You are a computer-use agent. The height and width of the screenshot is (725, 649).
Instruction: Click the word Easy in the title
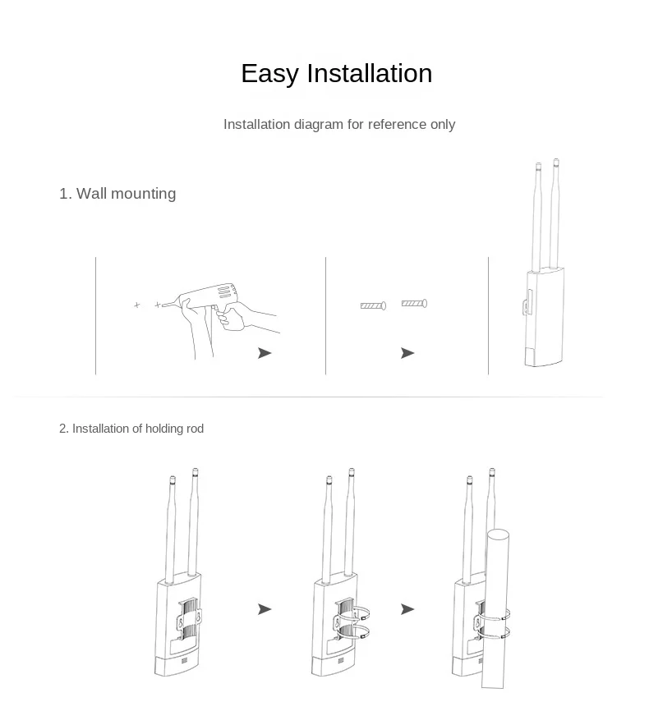click(x=270, y=74)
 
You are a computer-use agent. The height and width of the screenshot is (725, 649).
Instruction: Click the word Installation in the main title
click(x=370, y=74)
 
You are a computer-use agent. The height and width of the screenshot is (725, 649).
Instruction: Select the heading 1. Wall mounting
click(x=117, y=194)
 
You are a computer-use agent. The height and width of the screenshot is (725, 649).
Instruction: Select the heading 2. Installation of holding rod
click(x=131, y=429)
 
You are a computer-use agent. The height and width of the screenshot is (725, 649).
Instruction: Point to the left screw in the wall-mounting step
click(x=373, y=306)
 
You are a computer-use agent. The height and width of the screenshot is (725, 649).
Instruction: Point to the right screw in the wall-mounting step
click(x=414, y=304)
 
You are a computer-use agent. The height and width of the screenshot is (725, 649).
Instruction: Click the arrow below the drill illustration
click(x=265, y=353)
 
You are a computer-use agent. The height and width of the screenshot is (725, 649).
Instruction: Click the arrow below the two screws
click(x=407, y=353)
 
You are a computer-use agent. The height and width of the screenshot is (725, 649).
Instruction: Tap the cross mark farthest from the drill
click(x=137, y=305)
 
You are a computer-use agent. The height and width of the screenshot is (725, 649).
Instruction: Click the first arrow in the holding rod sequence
click(x=265, y=609)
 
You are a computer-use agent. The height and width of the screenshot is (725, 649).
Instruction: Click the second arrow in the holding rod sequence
click(x=407, y=609)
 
